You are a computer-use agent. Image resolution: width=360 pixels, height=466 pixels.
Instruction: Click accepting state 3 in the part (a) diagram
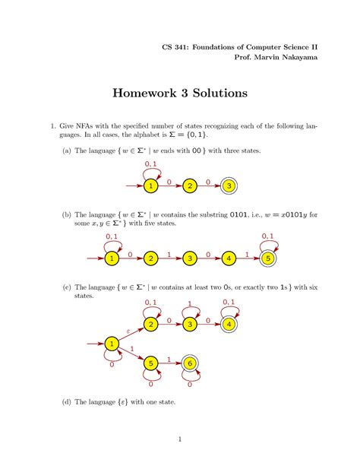coord(228,185)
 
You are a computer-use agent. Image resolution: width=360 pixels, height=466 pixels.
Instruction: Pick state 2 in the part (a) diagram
coord(189,185)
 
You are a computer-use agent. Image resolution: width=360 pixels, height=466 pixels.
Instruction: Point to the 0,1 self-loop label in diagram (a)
coord(150,163)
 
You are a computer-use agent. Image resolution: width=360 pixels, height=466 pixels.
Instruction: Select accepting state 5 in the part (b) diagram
coord(267,259)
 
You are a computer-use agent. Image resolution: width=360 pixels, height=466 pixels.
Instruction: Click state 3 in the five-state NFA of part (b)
coord(189,259)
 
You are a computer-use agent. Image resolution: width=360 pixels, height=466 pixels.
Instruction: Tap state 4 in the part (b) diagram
coord(228,259)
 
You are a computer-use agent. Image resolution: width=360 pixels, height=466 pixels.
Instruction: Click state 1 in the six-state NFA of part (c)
coord(112,345)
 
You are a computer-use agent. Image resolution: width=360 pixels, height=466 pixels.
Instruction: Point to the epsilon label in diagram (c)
coord(128,331)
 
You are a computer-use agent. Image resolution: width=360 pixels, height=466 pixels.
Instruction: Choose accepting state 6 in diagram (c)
coord(189,364)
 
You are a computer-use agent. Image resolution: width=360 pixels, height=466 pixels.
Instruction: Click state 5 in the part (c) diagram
coord(150,364)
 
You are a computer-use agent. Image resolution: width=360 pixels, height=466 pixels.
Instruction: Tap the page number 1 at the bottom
coord(180,439)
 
